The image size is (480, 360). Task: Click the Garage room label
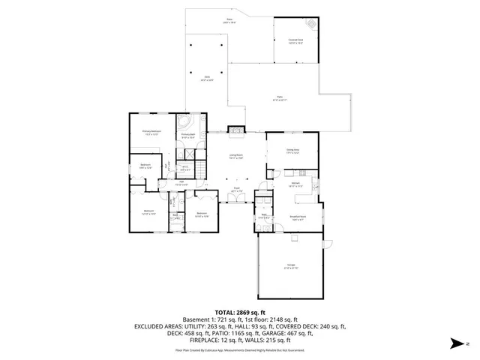pyautogui.click(x=290, y=265)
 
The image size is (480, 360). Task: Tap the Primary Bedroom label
pyautogui.click(x=152, y=132)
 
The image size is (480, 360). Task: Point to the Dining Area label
pyautogui.click(x=292, y=151)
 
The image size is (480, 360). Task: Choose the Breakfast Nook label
pyautogui.click(x=297, y=218)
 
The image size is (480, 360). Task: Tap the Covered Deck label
pyautogui.click(x=295, y=41)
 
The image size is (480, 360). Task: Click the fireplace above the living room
pyautogui.click(x=236, y=129)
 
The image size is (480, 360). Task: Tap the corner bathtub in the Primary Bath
pyautogui.click(x=185, y=121)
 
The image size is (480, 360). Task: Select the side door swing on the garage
pyautogui.click(x=327, y=244)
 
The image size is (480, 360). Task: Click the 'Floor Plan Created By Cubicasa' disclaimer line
pyautogui.click(x=239, y=350)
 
